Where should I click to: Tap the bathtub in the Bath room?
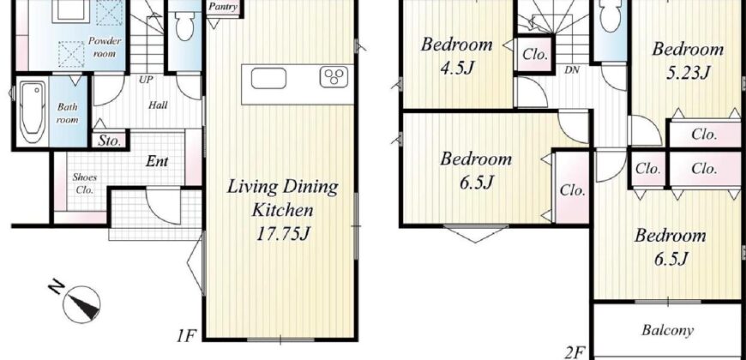click(33, 112)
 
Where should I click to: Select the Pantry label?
click(223, 7)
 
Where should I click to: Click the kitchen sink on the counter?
click(268, 78)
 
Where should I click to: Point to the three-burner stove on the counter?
click(334, 77)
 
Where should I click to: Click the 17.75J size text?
click(283, 233)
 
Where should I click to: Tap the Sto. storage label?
click(110, 141)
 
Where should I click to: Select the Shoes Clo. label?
click(84, 183)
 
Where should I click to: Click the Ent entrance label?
click(157, 161)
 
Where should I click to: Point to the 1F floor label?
click(186, 337)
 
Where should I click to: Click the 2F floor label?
click(575, 353)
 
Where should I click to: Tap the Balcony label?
click(667, 330)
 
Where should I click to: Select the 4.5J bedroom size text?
click(457, 68)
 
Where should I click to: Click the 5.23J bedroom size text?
click(688, 73)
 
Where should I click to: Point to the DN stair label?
click(572, 70)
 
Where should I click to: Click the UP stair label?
click(146, 80)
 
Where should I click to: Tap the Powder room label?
click(105, 47)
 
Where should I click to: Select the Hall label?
click(158, 105)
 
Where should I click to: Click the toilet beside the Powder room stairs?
click(184, 25)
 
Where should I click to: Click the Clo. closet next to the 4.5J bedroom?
click(535, 55)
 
